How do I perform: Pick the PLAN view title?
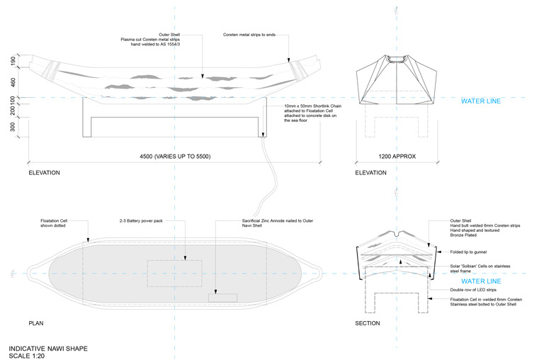pyautogui.click(x=37, y=323)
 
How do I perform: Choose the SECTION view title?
pyautogui.click(x=367, y=323)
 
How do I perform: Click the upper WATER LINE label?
pyautogui.click(x=481, y=101)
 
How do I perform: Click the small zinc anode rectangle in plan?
pyautogui.click(x=222, y=297)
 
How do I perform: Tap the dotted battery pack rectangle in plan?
pyautogui.click(x=174, y=273)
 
